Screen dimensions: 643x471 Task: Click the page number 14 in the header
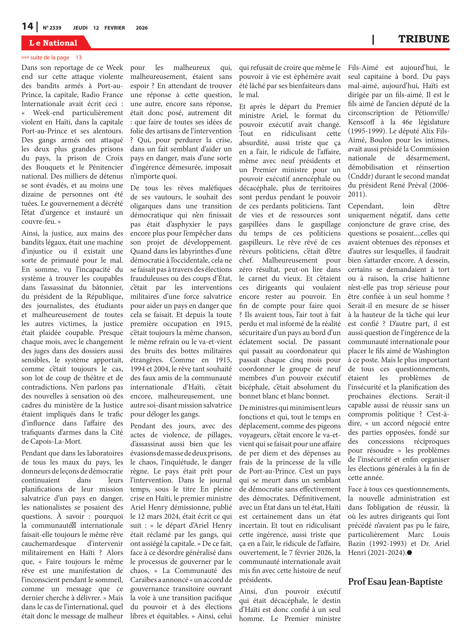coord(27,27)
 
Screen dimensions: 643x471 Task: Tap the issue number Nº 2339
coord(52,28)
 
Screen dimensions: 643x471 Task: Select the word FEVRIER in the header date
coord(115,28)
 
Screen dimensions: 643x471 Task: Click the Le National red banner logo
coord(53,43)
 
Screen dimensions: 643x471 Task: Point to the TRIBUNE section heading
coord(424,39)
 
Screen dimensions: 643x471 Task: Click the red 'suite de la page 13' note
coord(52,58)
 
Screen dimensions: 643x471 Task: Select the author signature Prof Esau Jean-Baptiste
coord(395,582)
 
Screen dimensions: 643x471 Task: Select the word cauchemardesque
coord(49,543)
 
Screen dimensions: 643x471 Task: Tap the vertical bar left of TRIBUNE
coord(373,39)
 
